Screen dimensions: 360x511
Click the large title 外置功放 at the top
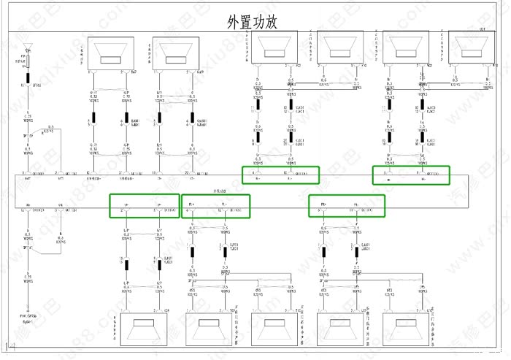tap(253, 22)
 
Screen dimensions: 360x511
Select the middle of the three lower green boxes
tap(216, 206)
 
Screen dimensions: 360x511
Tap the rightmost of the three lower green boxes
tap(347, 206)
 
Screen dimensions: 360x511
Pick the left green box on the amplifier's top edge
tap(280, 175)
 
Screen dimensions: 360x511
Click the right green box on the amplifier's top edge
tap(410, 175)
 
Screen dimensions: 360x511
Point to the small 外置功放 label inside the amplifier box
tap(219, 189)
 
